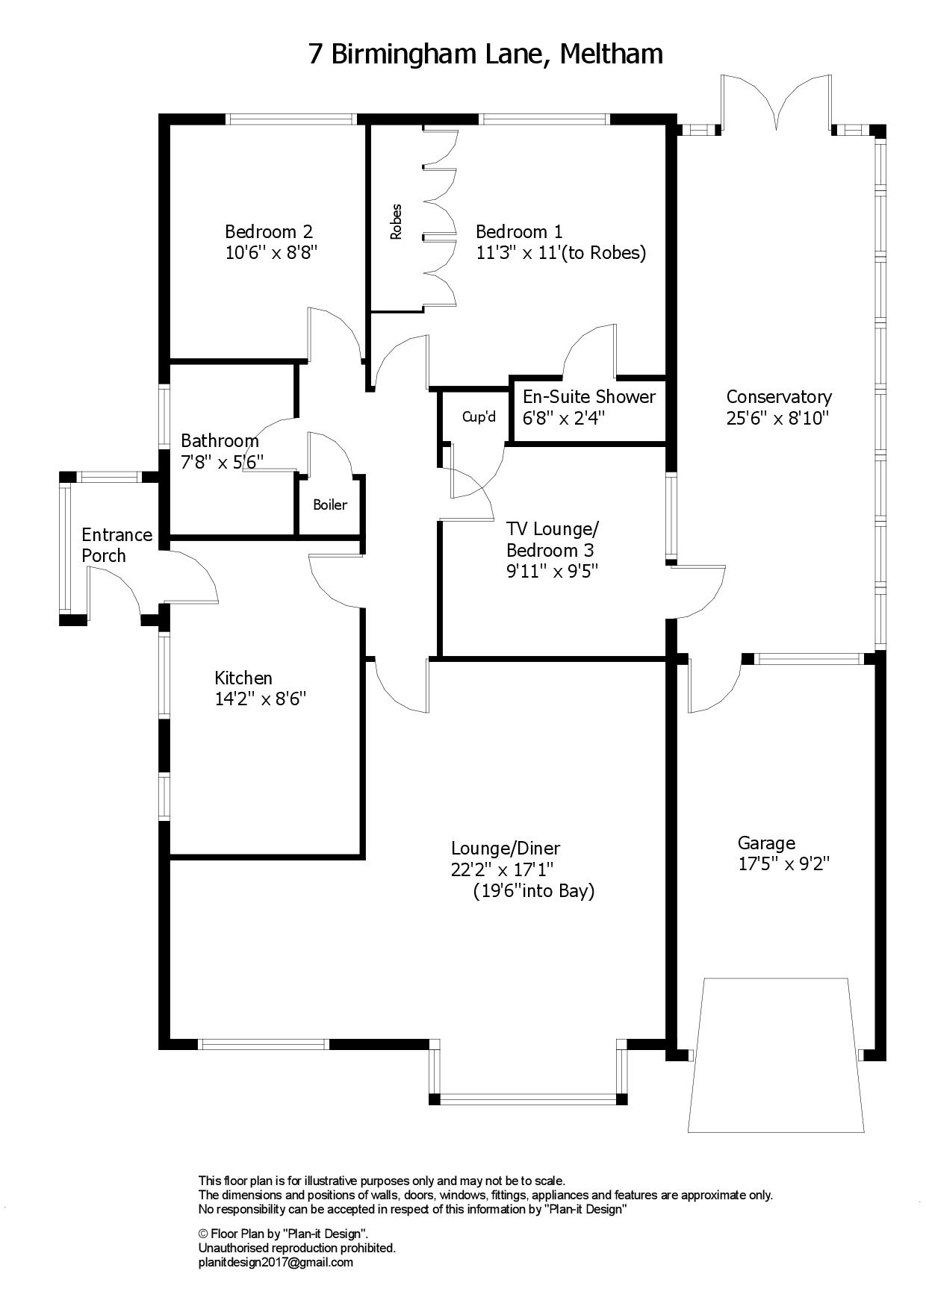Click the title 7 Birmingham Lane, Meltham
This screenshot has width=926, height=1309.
click(486, 54)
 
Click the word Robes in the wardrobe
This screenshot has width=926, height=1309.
click(396, 222)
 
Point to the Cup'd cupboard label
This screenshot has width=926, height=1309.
click(479, 416)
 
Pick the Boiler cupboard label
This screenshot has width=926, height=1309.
click(330, 504)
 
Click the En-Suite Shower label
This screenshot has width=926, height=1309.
click(589, 396)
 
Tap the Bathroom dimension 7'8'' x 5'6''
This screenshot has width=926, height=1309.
click(223, 462)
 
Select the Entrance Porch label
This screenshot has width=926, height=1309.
click(116, 545)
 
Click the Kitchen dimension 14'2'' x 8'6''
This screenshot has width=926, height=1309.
click(261, 699)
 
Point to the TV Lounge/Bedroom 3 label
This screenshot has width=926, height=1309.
click(553, 540)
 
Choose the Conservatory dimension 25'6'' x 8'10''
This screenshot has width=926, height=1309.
click(778, 418)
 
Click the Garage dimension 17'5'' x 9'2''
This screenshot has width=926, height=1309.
click(784, 864)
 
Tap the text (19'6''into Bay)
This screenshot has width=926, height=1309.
click(534, 891)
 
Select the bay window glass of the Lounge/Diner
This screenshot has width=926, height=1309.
click(528, 1099)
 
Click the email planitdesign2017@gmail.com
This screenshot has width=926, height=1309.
click(276, 1263)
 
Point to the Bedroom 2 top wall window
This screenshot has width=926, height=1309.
click(291, 118)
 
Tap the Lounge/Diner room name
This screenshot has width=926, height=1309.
click(506, 849)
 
